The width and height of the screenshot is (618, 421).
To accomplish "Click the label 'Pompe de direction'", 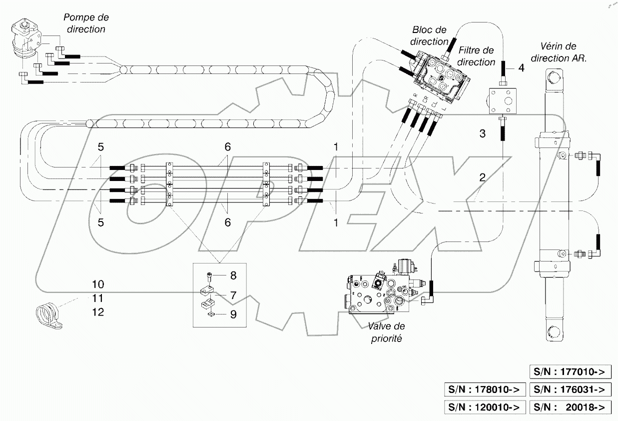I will [86, 23].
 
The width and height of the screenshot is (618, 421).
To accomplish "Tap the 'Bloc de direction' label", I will [429, 36].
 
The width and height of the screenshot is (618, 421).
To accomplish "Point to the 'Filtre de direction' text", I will [476, 56].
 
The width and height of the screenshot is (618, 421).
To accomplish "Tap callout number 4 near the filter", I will [521, 68].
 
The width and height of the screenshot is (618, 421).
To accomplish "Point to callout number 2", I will [482, 177].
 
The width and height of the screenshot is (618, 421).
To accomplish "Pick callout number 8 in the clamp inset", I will [233, 275].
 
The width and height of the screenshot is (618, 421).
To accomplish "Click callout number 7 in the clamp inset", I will [233, 295].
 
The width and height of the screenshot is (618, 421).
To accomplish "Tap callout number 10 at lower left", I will [98, 284].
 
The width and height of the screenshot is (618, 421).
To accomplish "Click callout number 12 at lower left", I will [98, 312].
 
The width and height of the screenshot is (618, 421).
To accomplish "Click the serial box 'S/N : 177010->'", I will [570, 372].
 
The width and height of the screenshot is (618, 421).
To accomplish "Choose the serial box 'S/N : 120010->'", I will [484, 407].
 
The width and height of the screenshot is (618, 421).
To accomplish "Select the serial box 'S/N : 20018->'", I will [570, 407].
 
